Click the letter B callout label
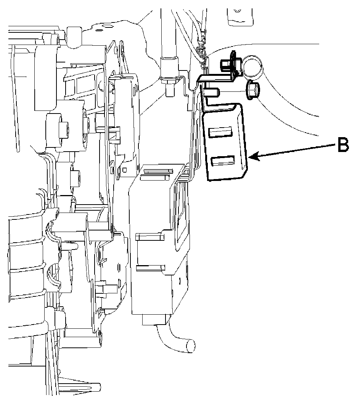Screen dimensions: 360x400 point(342,146)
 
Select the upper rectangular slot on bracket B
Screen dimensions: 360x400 point(220,132)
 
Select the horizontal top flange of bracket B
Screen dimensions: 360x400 point(217,79)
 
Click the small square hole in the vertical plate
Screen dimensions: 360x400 point(124,168)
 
